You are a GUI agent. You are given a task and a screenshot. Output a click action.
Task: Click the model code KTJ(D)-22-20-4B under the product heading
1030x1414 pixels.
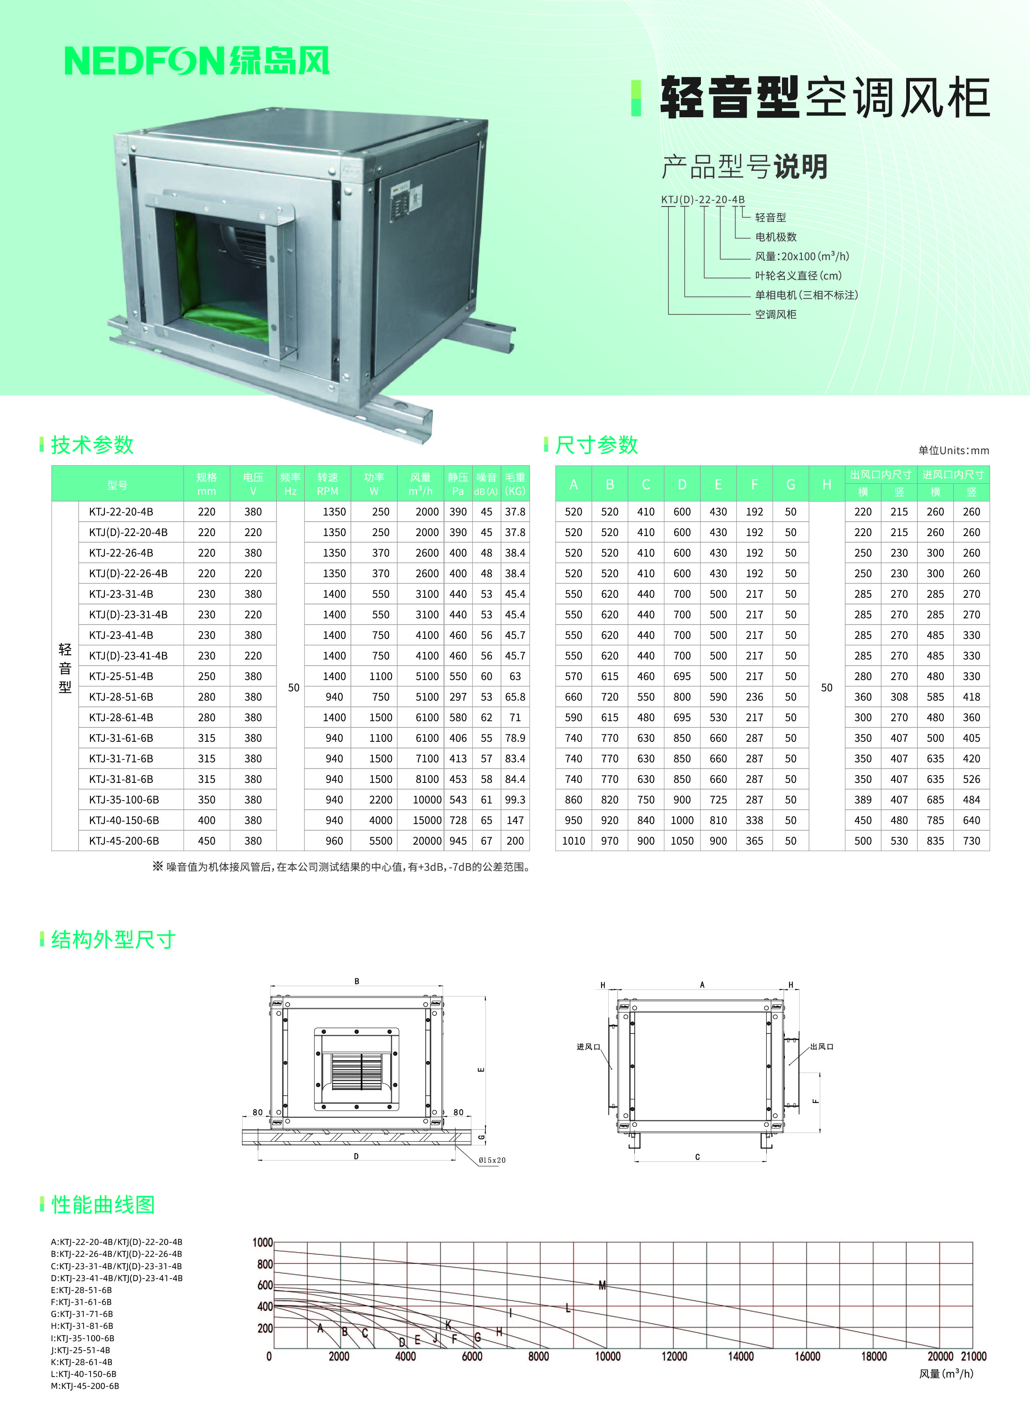[x=703, y=200]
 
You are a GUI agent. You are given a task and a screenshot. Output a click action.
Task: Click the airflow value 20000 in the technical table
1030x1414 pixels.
[x=427, y=841]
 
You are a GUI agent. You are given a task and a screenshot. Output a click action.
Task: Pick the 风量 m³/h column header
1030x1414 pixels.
[x=420, y=484]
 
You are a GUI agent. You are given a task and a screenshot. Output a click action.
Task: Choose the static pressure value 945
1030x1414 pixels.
[x=458, y=841]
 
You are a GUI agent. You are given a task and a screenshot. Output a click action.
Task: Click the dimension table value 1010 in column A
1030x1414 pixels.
[x=573, y=841]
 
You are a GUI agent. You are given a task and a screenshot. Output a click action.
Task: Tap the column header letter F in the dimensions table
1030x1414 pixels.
[x=754, y=484]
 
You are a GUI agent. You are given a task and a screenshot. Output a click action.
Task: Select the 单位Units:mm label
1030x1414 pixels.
[x=953, y=450]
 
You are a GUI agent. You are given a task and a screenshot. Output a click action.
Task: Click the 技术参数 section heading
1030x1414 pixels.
[x=92, y=445]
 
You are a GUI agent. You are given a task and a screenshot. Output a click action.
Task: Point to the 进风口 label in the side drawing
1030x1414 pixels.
[x=588, y=1047]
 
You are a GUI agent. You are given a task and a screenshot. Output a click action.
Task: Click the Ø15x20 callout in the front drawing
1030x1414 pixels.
[x=492, y=1160]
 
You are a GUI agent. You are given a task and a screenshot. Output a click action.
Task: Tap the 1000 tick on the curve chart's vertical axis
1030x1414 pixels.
[x=262, y=1242]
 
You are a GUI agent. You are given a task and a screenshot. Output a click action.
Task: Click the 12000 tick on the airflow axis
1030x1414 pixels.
[x=674, y=1356]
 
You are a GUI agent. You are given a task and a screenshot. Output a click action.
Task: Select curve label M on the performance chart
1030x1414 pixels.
[x=602, y=1285]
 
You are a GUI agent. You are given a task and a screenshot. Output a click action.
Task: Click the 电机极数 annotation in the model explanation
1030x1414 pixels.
[x=776, y=237]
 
